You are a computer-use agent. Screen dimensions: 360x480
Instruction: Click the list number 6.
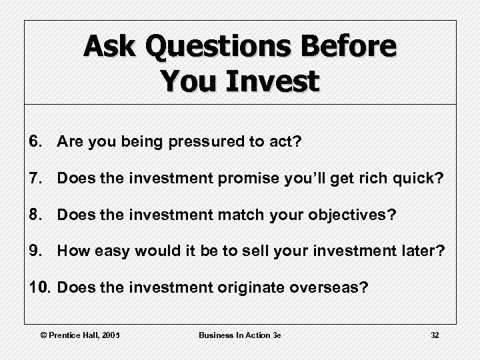(x=36, y=141)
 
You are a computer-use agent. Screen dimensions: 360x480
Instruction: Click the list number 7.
(x=36, y=178)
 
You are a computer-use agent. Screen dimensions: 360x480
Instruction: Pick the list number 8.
(x=36, y=215)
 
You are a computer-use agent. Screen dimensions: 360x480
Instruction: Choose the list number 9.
(x=36, y=251)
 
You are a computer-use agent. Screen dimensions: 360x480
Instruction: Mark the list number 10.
(x=40, y=288)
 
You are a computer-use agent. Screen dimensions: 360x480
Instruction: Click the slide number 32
(x=435, y=335)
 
